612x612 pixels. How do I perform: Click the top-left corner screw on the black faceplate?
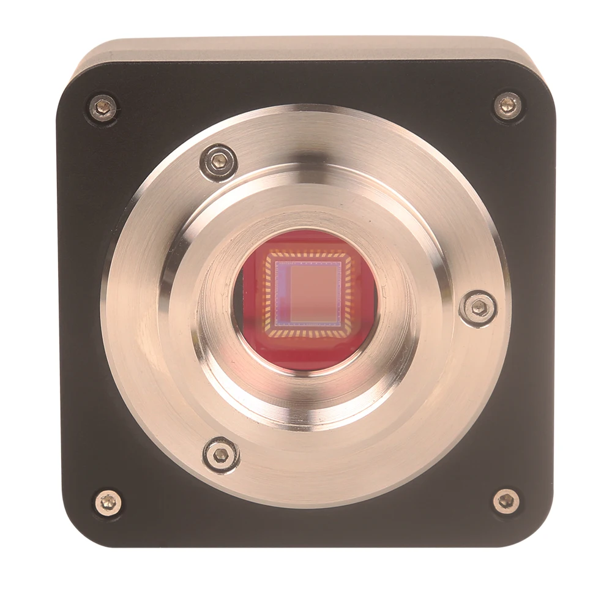coord(103,108)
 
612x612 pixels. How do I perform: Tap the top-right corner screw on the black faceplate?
coord(508,106)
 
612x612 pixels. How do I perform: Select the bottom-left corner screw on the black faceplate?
coord(108,502)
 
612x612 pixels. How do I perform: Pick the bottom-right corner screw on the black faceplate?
coord(506,501)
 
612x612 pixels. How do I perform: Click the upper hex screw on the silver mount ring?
coord(218,162)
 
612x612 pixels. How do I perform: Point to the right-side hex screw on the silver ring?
coord(478,308)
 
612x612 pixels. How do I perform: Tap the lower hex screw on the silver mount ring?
coord(221,455)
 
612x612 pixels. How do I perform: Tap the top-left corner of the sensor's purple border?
coord(276,262)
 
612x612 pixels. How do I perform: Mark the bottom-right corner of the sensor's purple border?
coord(341,325)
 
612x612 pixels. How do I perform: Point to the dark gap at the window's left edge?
coord(239,300)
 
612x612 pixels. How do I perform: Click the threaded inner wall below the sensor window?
coord(306,398)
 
